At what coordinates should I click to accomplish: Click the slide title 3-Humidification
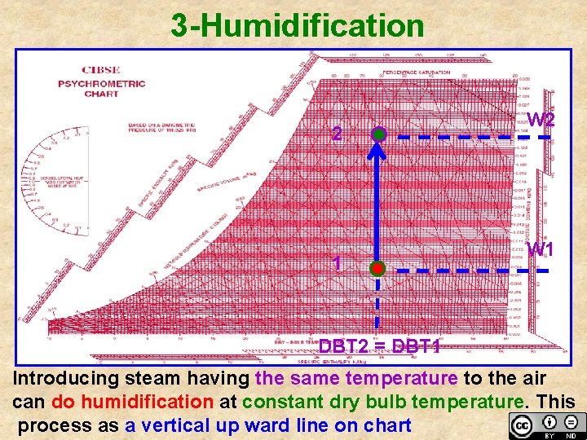[x=298, y=25]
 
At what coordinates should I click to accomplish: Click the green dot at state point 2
[x=377, y=134]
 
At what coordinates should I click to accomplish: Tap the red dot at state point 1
[x=377, y=268]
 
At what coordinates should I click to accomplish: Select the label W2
[x=541, y=120]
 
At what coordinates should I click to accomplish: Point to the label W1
[x=541, y=249]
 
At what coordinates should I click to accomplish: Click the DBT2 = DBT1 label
[x=379, y=347]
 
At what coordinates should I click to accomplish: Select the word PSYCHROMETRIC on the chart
[x=101, y=83]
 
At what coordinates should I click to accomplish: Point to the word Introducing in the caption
[x=65, y=379]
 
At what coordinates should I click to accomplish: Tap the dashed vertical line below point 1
[x=377, y=306]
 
